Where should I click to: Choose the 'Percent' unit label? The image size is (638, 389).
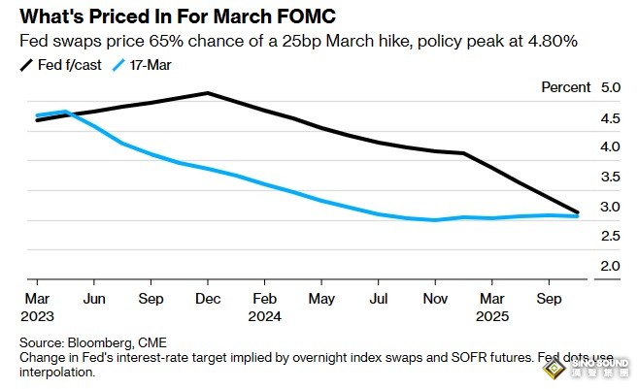567,87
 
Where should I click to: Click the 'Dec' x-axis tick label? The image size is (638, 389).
208,300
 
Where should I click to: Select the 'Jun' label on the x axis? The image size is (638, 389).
93,300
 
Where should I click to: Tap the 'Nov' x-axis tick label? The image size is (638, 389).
437,300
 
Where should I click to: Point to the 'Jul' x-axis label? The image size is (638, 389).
380,300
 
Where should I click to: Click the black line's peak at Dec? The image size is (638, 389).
208,93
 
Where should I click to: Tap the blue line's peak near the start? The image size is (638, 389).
64,112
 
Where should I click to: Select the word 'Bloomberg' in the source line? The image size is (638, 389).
98,343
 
